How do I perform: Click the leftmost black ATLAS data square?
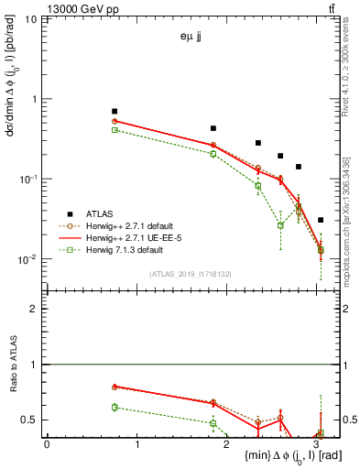pyautogui.click(x=115, y=111)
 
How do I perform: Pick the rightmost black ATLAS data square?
pyautogui.click(x=320, y=220)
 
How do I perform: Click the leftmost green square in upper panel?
pyautogui.click(x=115, y=130)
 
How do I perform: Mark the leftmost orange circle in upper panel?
pyautogui.click(x=115, y=121)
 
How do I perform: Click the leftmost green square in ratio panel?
pyautogui.click(x=115, y=407)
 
